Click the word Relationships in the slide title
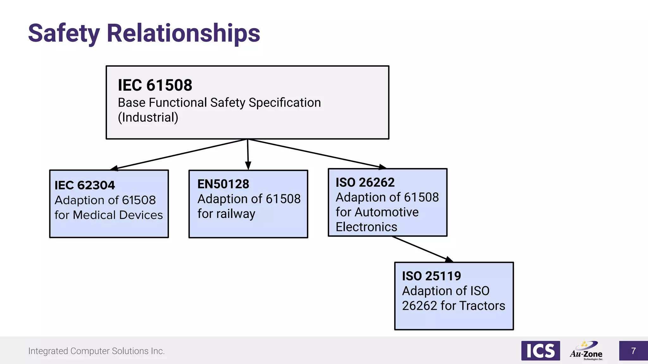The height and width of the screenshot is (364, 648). coord(184,33)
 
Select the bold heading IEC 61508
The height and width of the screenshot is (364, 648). coord(155,85)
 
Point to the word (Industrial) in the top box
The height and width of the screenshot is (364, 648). coord(148,118)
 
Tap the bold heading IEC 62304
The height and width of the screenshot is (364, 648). coord(85,185)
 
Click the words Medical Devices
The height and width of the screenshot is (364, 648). coord(118,215)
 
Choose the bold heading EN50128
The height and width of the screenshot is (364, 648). coord(223,184)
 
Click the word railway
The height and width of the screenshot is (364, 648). coord(236,214)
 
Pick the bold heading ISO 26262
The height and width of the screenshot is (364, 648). coord(365,182)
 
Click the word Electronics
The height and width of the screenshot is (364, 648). coord(366,227)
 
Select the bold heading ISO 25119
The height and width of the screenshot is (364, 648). coord(432,276)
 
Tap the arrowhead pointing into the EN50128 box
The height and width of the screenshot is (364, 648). coord(248,166)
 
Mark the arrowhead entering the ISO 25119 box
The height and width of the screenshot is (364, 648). coord(449,260)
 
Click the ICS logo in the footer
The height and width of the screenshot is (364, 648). coord(540,351)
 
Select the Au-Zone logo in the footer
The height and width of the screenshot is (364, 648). coord(586,351)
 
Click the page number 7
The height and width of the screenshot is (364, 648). coord(633,351)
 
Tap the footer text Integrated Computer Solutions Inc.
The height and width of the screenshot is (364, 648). coord(97,351)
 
